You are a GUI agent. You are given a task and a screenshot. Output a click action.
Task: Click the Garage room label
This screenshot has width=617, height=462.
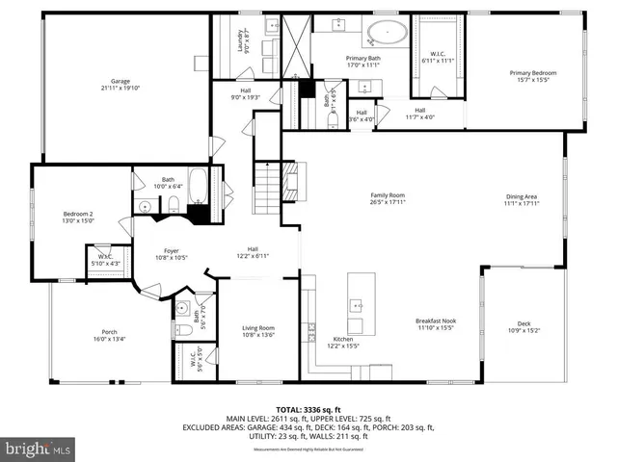pos(120,84)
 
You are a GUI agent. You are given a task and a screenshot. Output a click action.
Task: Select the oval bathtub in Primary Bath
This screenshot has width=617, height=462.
pos(388,33)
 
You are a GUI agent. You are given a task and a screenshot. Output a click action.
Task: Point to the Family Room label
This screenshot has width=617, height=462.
pos(387,199)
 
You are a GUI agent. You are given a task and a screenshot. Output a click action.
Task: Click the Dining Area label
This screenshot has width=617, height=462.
pos(522,199)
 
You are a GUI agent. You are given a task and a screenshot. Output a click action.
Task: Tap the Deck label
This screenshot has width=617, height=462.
pos(523,327)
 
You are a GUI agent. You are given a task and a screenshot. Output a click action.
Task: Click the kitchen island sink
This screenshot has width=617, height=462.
pos(355,305)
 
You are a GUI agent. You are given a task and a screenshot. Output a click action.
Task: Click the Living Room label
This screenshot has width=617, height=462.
pos(258,332)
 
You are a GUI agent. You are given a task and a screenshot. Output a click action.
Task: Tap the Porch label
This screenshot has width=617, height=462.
pos(110,335)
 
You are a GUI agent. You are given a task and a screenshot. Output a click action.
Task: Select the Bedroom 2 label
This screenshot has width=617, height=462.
pos(77,218)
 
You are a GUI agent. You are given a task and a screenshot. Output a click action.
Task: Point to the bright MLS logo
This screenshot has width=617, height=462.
pos(39,448)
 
